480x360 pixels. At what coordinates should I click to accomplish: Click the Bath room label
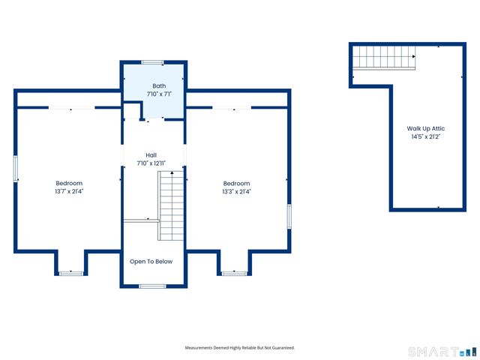tap(159, 86)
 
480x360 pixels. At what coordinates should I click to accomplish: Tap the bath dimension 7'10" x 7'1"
tap(159, 94)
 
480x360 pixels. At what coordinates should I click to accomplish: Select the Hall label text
tap(151, 155)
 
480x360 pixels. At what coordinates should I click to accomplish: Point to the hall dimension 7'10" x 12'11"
tap(151, 163)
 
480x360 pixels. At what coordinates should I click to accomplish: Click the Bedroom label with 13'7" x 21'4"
tap(69, 183)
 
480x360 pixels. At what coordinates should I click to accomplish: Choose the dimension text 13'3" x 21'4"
tap(237, 192)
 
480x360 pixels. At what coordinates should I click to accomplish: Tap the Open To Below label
tap(151, 262)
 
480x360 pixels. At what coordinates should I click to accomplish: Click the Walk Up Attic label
tap(426, 128)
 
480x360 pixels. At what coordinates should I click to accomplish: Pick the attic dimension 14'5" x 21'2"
tap(426, 136)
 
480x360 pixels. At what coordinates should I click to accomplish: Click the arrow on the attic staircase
tap(414, 57)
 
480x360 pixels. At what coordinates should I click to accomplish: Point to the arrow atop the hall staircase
tap(172, 173)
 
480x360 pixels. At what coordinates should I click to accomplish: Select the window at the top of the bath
tap(152, 62)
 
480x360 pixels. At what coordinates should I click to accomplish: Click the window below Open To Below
tap(153, 286)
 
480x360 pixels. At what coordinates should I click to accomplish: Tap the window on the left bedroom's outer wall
tap(16, 169)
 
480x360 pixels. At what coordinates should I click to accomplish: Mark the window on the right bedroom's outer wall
tap(289, 217)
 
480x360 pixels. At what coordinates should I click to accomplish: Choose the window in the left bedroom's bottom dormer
tap(71, 273)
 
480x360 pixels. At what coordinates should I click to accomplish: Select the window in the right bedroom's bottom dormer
tap(235, 273)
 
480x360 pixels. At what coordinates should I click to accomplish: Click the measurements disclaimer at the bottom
tap(240, 348)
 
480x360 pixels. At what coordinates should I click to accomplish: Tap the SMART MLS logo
tap(442, 352)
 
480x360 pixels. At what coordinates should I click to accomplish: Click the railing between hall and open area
tap(142, 220)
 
